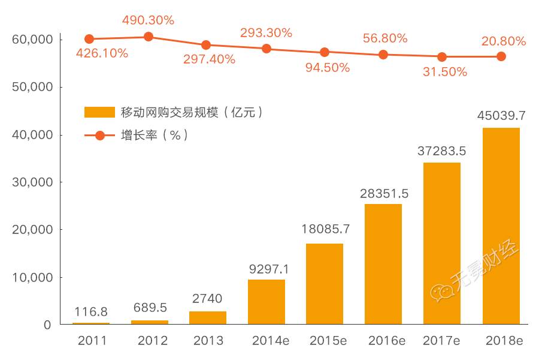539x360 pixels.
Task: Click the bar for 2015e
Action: [325, 284]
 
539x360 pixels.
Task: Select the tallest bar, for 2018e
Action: [501, 226]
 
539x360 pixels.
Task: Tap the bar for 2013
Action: [208, 317]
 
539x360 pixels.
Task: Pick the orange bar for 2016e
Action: [383, 264]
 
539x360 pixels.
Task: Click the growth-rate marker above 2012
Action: [149, 37]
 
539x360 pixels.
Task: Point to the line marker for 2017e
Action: [442, 57]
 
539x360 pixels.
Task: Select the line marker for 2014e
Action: [267, 49]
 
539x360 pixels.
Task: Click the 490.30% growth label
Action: [148, 20]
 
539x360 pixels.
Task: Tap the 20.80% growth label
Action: [504, 41]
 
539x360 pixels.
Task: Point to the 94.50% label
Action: [328, 68]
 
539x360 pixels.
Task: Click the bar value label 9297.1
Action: [269, 269]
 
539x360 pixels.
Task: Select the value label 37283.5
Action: [442, 151]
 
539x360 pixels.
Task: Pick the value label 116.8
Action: [91, 312]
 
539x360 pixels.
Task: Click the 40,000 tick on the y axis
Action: [33, 134]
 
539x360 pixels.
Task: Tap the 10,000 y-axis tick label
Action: [33, 277]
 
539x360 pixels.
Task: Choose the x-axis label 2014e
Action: [271, 341]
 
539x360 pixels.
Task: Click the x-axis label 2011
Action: [92, 341]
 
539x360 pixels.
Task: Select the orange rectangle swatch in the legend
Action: [99, 112]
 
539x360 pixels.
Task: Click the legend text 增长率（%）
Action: [155, 135]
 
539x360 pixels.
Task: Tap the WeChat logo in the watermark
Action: [443, 292]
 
